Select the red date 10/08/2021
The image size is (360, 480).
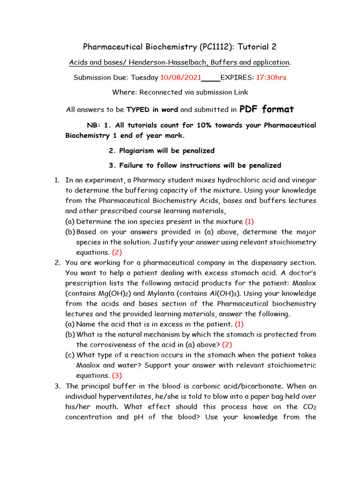coord(181,77)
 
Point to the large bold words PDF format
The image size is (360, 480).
coord(266,109)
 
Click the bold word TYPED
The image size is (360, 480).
coord(138,110)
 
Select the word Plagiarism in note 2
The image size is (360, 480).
coord(139,150)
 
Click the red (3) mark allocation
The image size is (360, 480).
coord(117,375)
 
